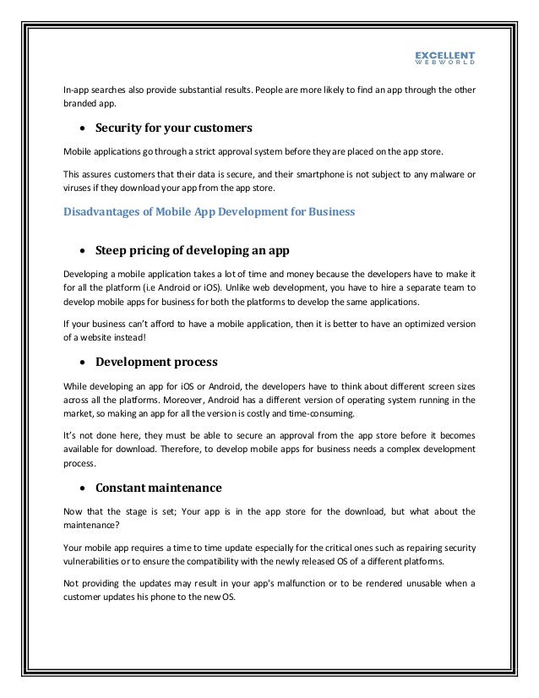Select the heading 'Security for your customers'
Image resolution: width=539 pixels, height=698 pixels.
[x=174, y=128]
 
